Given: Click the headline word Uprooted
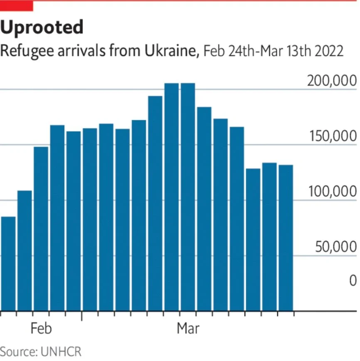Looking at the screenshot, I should tap(42, 28).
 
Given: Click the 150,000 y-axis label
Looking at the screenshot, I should tap(331, 136).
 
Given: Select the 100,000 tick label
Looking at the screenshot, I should tap(331, 192).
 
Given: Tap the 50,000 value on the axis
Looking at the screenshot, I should tap(335, 247).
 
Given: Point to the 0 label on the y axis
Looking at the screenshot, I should tap(352, 281).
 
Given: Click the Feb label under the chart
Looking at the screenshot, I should tap(41, 329).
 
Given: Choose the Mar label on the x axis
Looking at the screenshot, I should tap(188, 329).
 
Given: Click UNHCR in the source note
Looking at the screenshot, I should tap(61, 351).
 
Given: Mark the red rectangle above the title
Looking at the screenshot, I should tap(16, 5).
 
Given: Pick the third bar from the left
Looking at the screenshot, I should tap(41, 228).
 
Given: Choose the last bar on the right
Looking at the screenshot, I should tap(286, 237).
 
